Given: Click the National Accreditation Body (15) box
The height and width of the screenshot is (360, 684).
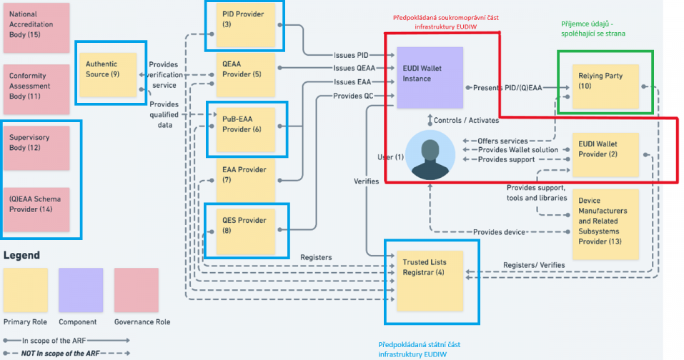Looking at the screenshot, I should pos(37,28).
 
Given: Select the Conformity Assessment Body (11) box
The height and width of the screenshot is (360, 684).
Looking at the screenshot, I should pos(37,89).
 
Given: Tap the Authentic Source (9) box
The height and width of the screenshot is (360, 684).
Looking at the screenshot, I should pos(107,69).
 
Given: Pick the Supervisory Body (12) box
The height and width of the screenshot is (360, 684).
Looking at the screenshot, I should pos(37,148).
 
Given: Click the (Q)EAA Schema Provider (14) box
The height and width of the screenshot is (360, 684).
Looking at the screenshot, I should pos(37,209).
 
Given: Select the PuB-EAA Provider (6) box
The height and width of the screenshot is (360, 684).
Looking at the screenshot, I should pos(245,129).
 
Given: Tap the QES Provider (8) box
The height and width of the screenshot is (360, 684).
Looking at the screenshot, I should pos(245,230).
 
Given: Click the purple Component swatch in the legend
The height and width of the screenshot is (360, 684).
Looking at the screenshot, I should pos(81,290).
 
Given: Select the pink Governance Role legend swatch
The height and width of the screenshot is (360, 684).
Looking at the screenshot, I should pos(136,290).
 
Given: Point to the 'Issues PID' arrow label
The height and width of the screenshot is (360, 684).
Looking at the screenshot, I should pos(351,56).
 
